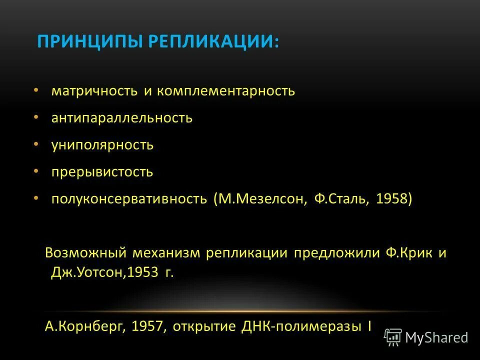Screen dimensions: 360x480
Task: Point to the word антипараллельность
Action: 121,118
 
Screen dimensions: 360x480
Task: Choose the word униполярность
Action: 102,145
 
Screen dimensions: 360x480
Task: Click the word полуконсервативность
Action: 129,199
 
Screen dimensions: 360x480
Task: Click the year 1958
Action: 393,199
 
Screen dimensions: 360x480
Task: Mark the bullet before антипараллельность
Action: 36,117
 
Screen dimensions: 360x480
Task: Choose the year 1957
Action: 148,326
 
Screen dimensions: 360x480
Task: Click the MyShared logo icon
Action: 393,337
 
